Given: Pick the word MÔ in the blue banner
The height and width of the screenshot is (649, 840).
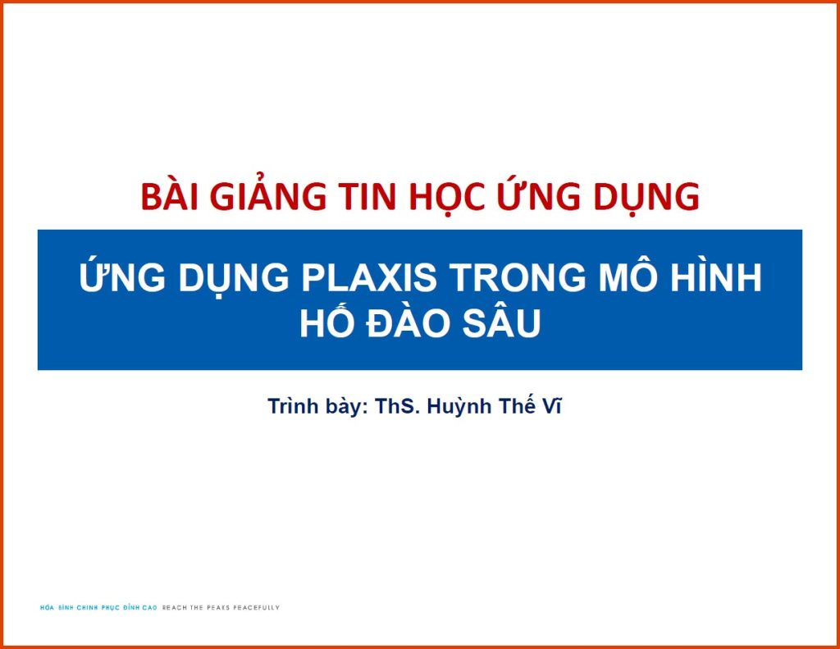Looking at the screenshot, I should [616, 279].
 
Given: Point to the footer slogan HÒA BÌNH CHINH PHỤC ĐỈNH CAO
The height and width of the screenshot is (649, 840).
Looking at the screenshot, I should [98, 608].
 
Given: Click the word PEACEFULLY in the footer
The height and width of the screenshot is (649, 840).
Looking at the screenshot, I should [256, 608].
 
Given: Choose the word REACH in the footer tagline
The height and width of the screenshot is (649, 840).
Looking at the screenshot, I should [174, 608].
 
